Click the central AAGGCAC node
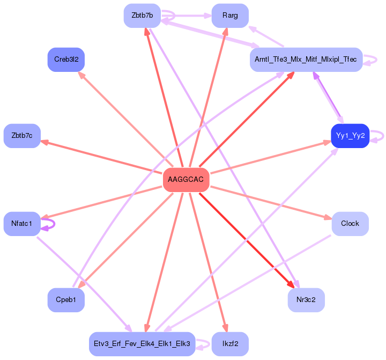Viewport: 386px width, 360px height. pos(185,179)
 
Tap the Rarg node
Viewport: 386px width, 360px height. pos(230,16)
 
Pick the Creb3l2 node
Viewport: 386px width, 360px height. pos(66,59)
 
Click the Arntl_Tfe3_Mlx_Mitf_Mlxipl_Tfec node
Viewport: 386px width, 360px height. pos(306,59)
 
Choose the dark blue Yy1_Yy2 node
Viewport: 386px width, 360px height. pos(350,136)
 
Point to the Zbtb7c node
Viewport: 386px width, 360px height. pos(22,136)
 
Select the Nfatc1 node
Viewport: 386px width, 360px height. pos(22,223)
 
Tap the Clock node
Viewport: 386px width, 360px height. pos(350,223)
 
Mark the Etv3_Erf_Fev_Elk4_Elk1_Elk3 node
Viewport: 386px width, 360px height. pos(142,344)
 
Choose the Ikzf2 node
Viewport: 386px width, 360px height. pos(230,344)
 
